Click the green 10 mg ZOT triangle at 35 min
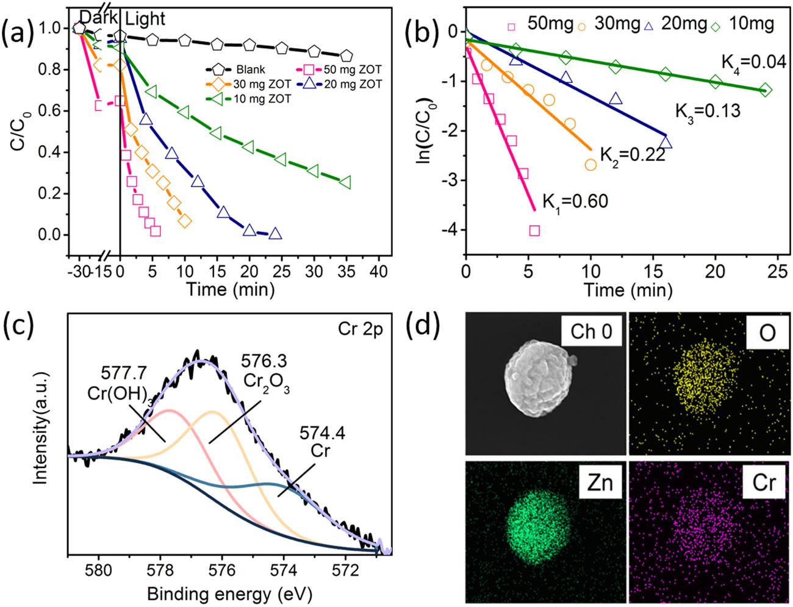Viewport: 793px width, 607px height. click(x=345, y=182)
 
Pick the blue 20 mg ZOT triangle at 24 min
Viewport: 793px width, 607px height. click(x=275, y=233)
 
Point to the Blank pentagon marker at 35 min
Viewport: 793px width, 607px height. click(x=346, y=56)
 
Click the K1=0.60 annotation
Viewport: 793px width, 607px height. click(x=575, y=201)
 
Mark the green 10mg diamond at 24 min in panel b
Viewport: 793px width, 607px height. click(x=766, y=90)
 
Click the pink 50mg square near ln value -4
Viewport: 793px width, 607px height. click(x=534, y=230)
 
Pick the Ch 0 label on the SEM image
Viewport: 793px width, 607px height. click(x=591, y=332)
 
